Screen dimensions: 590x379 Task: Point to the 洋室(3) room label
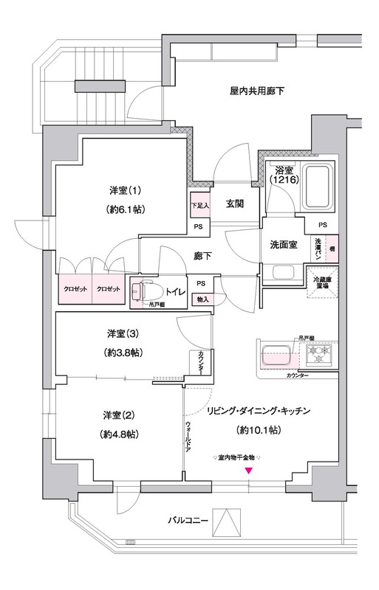(x=119, y=333)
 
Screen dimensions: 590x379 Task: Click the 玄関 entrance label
(x=236, y=204)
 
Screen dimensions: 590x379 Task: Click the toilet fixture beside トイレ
(x=144, y=291)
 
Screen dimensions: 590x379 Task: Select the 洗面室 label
(x=284, y=245)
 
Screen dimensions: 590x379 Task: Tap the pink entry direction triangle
(x=249, y=471)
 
